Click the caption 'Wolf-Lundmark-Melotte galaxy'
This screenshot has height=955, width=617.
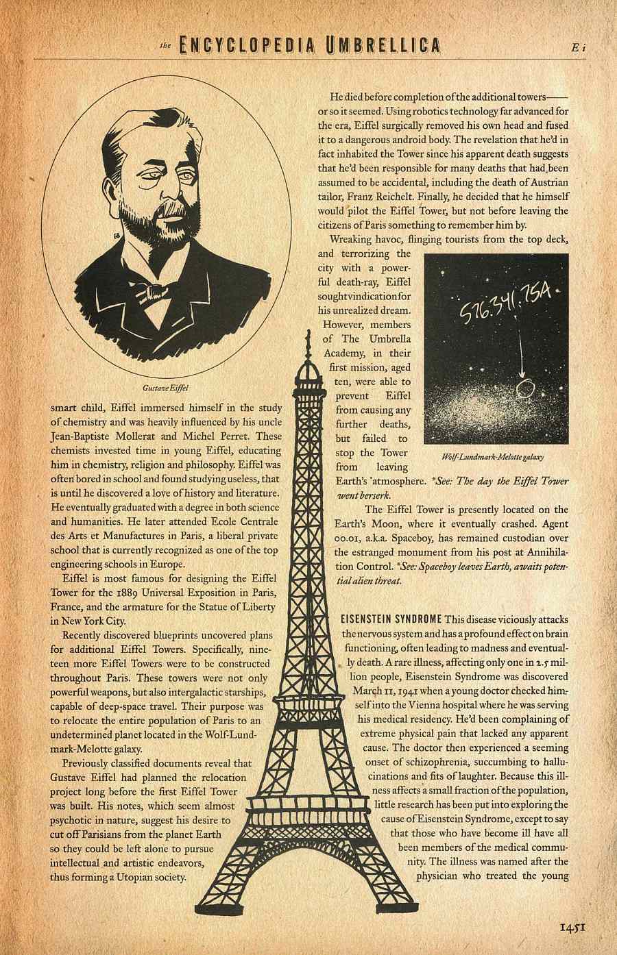[497, 457]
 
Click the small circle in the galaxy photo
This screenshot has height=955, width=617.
[525, 388]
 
